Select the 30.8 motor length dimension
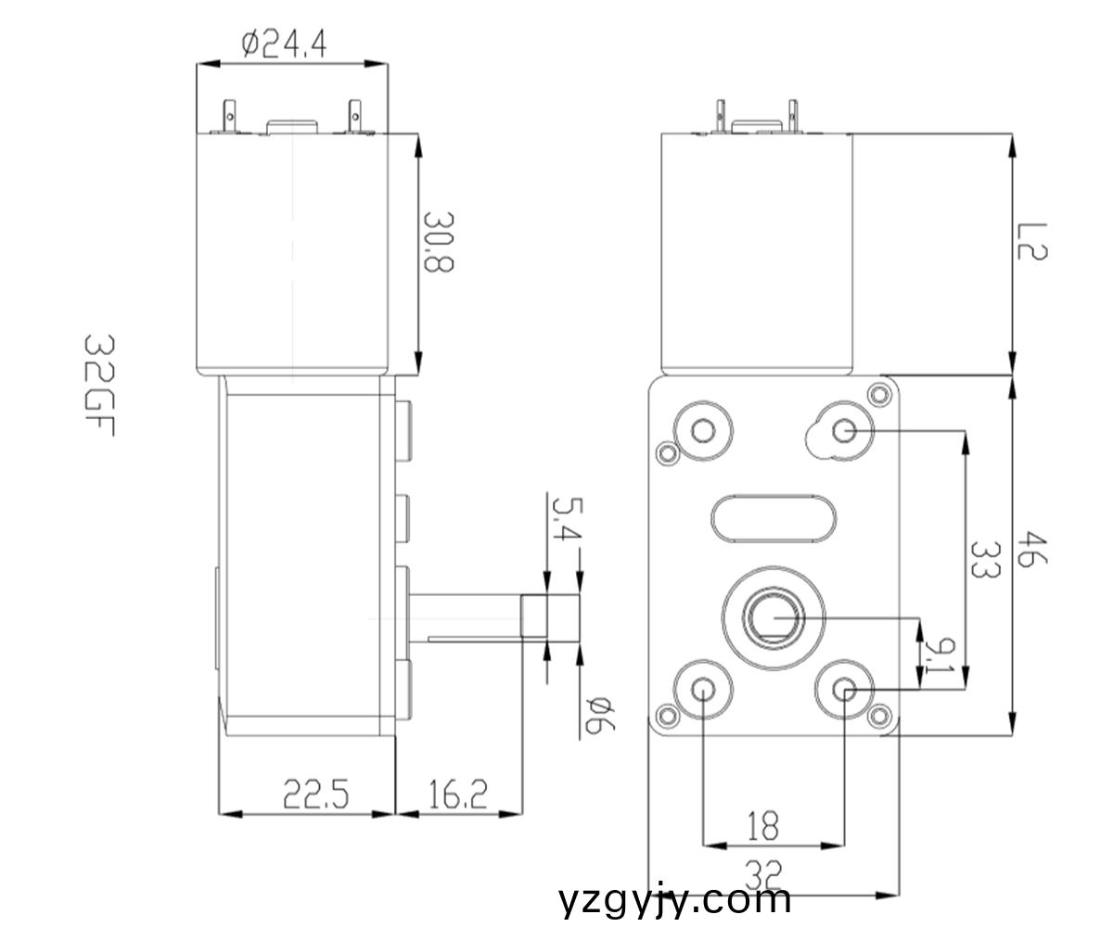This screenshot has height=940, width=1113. pyautogui.click(x=437, y=242)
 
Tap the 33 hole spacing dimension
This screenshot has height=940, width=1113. pyautogui.click(x=983, y=560)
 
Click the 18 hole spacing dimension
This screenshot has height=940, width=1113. pyautogui.click(x=762, y=825)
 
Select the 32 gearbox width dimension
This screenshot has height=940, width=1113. pyautogui.click(x=762, y=873)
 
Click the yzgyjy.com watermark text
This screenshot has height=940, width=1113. pyautogui.click(x=676, y=899)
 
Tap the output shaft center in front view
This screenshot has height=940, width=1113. pyautogui.click(x=773, y=616)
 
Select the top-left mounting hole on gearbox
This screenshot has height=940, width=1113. pyautogui.click(x=702, y=429)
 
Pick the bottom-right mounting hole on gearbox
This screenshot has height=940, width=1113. pyautogui.click(x=844, y=689)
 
